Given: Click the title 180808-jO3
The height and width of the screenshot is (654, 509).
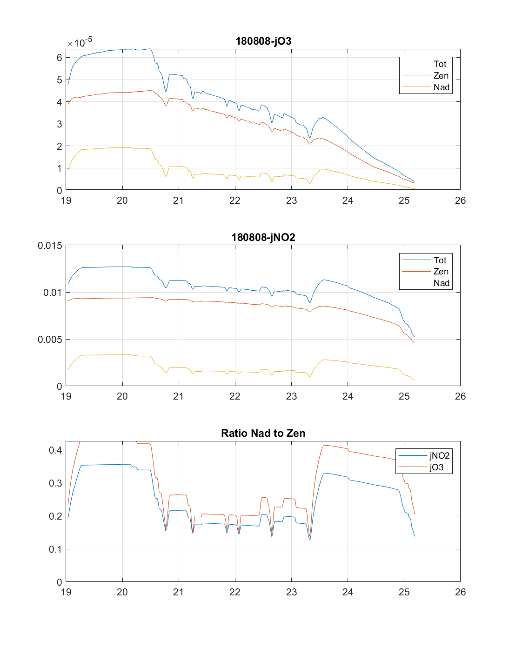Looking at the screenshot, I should coord(263,41).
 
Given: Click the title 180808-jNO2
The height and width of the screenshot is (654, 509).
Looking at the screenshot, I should coord(263,237).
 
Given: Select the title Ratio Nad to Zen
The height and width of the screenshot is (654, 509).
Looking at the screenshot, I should coord(263,433).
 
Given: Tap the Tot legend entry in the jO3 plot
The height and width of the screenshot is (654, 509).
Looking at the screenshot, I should coord(440,64).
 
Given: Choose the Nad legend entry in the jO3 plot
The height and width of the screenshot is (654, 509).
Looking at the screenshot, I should coord(441,87).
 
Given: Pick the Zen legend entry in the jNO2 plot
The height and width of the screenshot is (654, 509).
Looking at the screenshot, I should coord(441,272).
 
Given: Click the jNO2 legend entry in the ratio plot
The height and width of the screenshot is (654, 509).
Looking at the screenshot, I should coord(439,456).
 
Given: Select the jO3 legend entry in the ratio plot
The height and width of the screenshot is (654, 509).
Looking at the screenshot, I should coord(436,467).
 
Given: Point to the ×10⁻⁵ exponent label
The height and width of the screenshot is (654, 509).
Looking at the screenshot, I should coord(80,43).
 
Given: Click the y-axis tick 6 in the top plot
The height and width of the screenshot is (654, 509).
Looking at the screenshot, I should coord(60,58).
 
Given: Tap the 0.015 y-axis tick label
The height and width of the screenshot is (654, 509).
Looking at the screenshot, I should coord(50,246).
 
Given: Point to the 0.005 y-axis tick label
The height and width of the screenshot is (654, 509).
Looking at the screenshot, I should coord(50,340).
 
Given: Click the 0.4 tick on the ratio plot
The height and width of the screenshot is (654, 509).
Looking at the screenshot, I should coord(55,450).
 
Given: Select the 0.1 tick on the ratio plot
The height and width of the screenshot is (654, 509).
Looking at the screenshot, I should coord(55,549).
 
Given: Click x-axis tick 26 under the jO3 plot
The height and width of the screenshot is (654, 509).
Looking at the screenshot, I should coord(460,200).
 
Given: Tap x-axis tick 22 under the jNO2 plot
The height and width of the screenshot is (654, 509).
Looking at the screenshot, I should coord(235,396).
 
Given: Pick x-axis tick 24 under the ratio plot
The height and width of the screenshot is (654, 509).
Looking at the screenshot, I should coord(348,592).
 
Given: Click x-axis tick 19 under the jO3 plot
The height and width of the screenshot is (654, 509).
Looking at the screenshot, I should coord(66,200).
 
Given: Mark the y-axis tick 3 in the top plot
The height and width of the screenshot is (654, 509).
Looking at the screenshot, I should coord(60,124).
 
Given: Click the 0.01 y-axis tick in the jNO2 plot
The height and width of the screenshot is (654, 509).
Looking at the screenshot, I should coord(52,293).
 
